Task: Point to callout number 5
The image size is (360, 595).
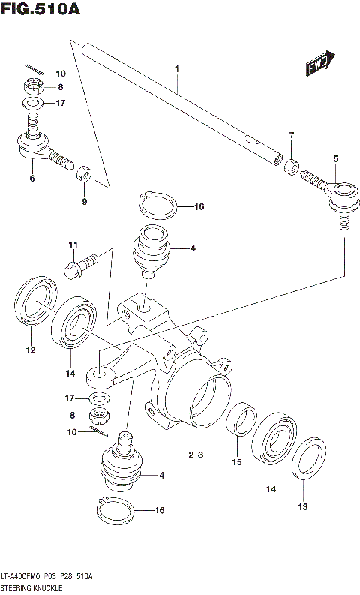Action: [x=336, y=158]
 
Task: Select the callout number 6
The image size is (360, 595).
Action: [x=32, y=178]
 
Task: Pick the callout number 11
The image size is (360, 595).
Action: [x=73, y=245]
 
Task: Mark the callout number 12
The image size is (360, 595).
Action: [x=31, y=349]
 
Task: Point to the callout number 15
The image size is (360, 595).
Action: [x=236, y=462]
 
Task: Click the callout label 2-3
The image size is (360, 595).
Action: [x=196, y=454]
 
